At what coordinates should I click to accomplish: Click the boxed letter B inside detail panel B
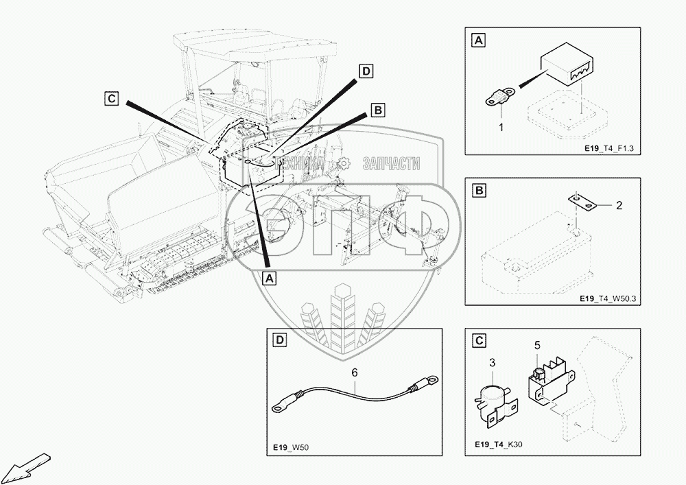pos(480,191)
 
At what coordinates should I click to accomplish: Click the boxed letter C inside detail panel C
pos(480,340)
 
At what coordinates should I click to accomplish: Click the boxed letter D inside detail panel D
pos(280,340)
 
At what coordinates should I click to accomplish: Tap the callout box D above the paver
pos(366,71)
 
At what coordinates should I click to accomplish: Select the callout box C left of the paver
pos(112,98)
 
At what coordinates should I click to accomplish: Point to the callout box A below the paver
pos(270,277)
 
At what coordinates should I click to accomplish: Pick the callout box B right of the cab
pos(377,110)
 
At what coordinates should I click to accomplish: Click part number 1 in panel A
pos(501,128)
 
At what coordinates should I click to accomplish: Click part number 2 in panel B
pos(619,205)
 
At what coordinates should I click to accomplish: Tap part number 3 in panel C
pos(492,362)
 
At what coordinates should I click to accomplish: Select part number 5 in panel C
pos(537,346)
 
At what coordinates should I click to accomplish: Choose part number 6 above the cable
pos(355,372)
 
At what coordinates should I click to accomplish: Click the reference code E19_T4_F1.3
pos(608,149)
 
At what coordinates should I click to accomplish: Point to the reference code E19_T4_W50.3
pos(608,298)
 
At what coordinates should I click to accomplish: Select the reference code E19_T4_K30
pos(498,445)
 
